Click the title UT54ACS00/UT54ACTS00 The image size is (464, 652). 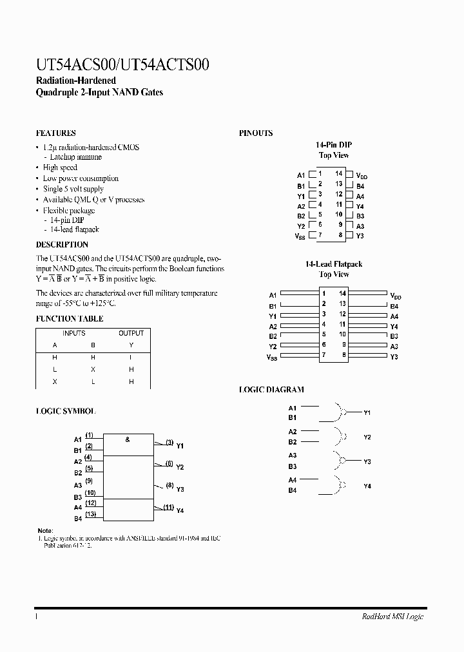122,65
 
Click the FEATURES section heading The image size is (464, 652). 56,133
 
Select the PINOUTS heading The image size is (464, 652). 256,133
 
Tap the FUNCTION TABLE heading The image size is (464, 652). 69,319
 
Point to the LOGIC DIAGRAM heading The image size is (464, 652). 271,390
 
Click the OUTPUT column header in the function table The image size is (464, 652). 131,333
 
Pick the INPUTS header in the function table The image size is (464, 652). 73,333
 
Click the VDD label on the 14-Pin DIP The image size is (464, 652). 362,175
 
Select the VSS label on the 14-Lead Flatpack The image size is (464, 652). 272,357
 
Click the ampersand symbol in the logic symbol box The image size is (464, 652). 128,439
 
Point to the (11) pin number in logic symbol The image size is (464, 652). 169,507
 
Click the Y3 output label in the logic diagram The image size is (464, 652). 367,462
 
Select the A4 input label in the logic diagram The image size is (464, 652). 293,480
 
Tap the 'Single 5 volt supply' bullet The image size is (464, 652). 73,189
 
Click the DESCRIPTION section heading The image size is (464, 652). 62,245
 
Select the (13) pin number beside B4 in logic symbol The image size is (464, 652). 91,513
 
